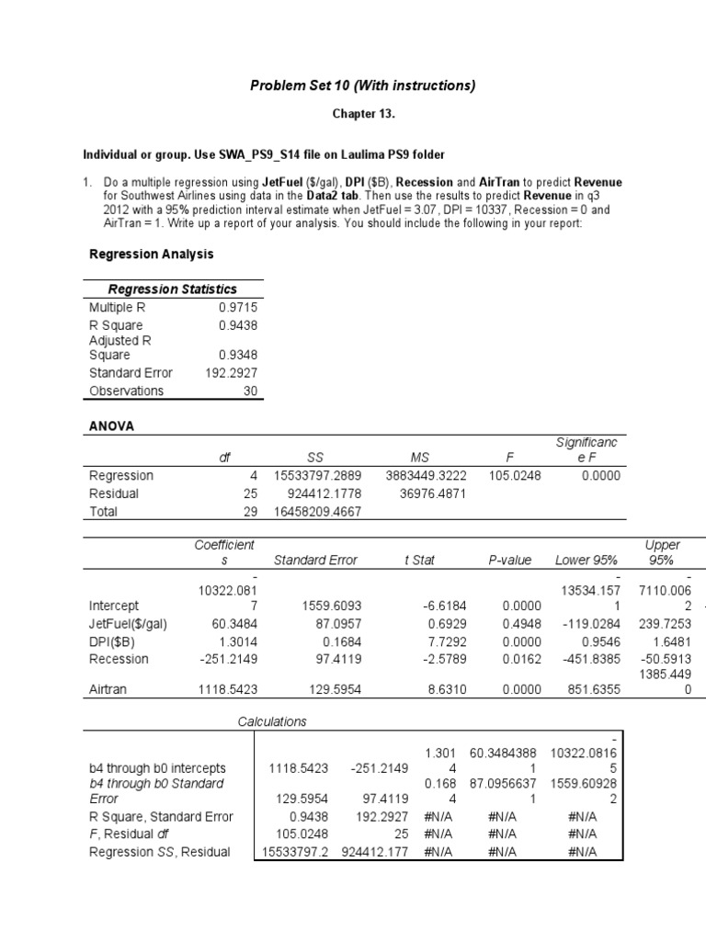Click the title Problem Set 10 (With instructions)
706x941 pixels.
click(363, 85)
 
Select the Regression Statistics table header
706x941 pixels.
click(173, 289)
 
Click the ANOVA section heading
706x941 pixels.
click(112, 427)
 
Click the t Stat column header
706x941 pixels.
click(419, 560)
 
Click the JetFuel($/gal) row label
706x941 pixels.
click(128, 624)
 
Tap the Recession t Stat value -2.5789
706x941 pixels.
click(424, 660)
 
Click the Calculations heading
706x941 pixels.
click(272, 721)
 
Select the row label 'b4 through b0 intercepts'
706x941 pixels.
click(157, 768)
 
